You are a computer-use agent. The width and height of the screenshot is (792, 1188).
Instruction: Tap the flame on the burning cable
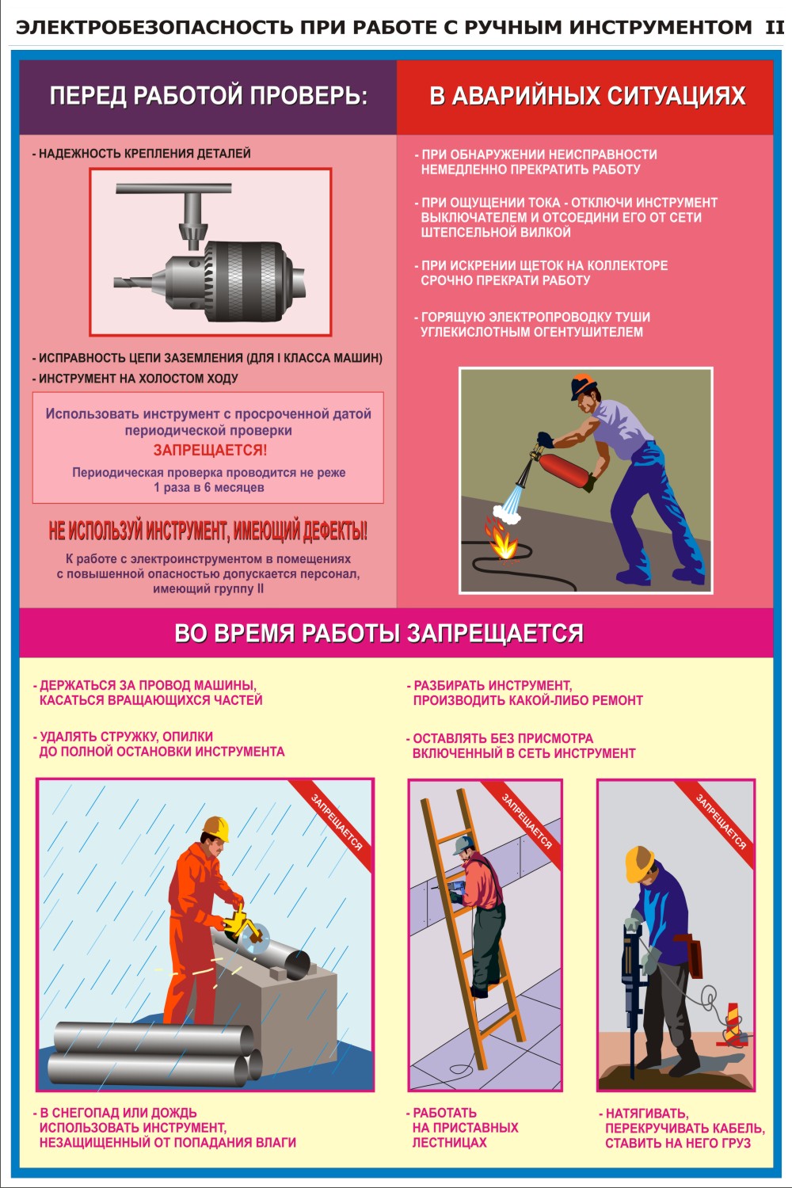click(502, 540)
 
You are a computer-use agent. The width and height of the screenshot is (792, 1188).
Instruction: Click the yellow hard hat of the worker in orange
click(217, 829)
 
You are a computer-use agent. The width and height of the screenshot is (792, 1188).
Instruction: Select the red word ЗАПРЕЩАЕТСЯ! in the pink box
click(210, 451)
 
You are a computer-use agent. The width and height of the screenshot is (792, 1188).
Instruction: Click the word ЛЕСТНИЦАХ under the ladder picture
click(449, 1142)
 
